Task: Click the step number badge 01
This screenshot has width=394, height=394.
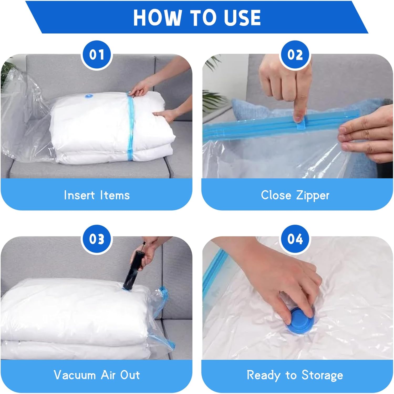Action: pyautogui.click(x=97, y=55)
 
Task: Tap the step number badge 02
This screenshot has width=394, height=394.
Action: pyautogui.click(x=295, y=55)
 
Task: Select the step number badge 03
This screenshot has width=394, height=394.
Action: pyautogui.click(x=97, y=239)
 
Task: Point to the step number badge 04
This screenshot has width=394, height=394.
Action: pyautogui.click(x=295, y=239)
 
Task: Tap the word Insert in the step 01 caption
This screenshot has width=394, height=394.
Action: pyautogui.click(x=79, y=195)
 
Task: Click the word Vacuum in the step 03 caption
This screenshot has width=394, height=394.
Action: pyautogui.click(x=75, y=375)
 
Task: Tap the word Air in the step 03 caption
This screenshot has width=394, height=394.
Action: pyautogui.click(x=108, y=375)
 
